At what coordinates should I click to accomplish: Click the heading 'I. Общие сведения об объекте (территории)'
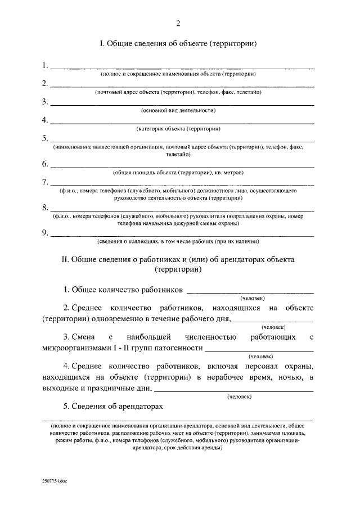coord(178,44)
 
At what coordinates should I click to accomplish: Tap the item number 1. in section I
coord(45,65)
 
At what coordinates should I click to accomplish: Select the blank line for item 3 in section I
coord(182,105)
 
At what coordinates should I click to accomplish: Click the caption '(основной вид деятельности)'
coord(178,110)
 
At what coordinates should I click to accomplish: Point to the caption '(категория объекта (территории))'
coord(178,128)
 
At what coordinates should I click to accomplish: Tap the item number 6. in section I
coord(45,164)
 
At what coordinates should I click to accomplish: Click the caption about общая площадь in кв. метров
coord(178,172)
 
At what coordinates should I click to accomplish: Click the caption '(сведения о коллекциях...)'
coord(178,242)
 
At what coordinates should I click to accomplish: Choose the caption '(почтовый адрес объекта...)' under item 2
coord(178,92)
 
